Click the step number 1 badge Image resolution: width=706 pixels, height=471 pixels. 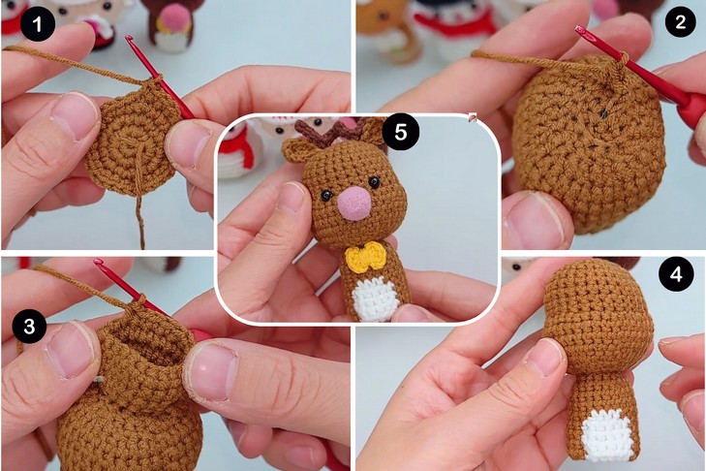point(38,23)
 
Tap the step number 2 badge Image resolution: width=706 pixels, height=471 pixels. point(680,21)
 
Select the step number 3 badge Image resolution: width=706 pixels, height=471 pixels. point(29,326)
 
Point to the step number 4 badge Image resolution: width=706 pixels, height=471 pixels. point(676,274)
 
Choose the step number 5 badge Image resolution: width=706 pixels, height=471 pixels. point(401,133)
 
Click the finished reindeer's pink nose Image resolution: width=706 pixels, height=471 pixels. point(355,203)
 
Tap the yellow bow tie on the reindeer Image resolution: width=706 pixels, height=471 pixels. point(366,258)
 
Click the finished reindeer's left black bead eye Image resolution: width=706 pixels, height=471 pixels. point(326,195)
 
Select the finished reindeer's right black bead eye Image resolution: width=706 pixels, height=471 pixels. point(374,182)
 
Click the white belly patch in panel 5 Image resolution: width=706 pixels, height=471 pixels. point(376,298)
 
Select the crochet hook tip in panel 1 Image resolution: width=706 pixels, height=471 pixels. point(129,39)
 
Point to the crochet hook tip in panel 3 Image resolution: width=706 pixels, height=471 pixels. point(98,262)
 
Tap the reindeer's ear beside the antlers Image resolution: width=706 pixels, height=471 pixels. point(296,149)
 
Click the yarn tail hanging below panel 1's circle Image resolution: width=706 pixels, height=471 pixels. point(140,221)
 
